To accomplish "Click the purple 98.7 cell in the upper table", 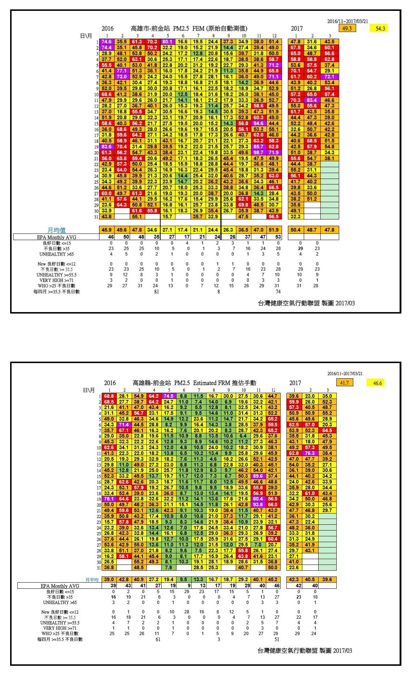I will coord(258,152).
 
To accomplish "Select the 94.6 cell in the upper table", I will coord(258,123).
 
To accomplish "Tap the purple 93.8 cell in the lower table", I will coord(258,504).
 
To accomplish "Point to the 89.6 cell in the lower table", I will coord(258,476).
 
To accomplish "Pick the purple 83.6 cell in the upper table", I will coord(107,146).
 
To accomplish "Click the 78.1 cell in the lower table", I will coord(109,499).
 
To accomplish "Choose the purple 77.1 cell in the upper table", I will coord(122,71).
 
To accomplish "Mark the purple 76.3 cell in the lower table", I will coord(310,453).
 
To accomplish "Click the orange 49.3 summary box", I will coord(347,28).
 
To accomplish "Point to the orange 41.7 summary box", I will coord(345,383).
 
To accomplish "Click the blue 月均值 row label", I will coord(56,230).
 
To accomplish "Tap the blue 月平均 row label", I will coord(92,579).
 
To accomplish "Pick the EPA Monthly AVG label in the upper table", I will coord(56,237).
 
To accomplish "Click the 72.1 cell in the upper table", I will coord(329,77).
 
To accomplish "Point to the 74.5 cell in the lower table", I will coord(169,396).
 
